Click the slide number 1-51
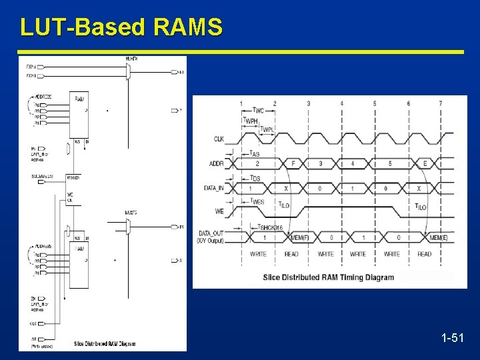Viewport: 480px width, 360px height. click(x=452, y=339)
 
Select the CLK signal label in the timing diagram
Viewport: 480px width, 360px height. click(x=218, y=139)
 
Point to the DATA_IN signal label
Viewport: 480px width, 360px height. click(x=214, y=188)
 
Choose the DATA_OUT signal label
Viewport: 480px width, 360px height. click(x=211, y=233)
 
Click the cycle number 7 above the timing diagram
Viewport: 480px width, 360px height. click(x=440, y=103)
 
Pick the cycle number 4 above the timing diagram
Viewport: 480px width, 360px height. click(x=341, y=103)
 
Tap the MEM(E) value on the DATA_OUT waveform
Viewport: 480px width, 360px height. click(x=438, y=238)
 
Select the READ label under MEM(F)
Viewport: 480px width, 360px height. click(x=291, y=254)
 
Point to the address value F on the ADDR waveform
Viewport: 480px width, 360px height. click(x=293, y=163)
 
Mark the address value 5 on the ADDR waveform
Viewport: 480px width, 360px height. click(x=389, y=163)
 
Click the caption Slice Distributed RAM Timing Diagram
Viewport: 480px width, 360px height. click(x=329, y=277)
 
